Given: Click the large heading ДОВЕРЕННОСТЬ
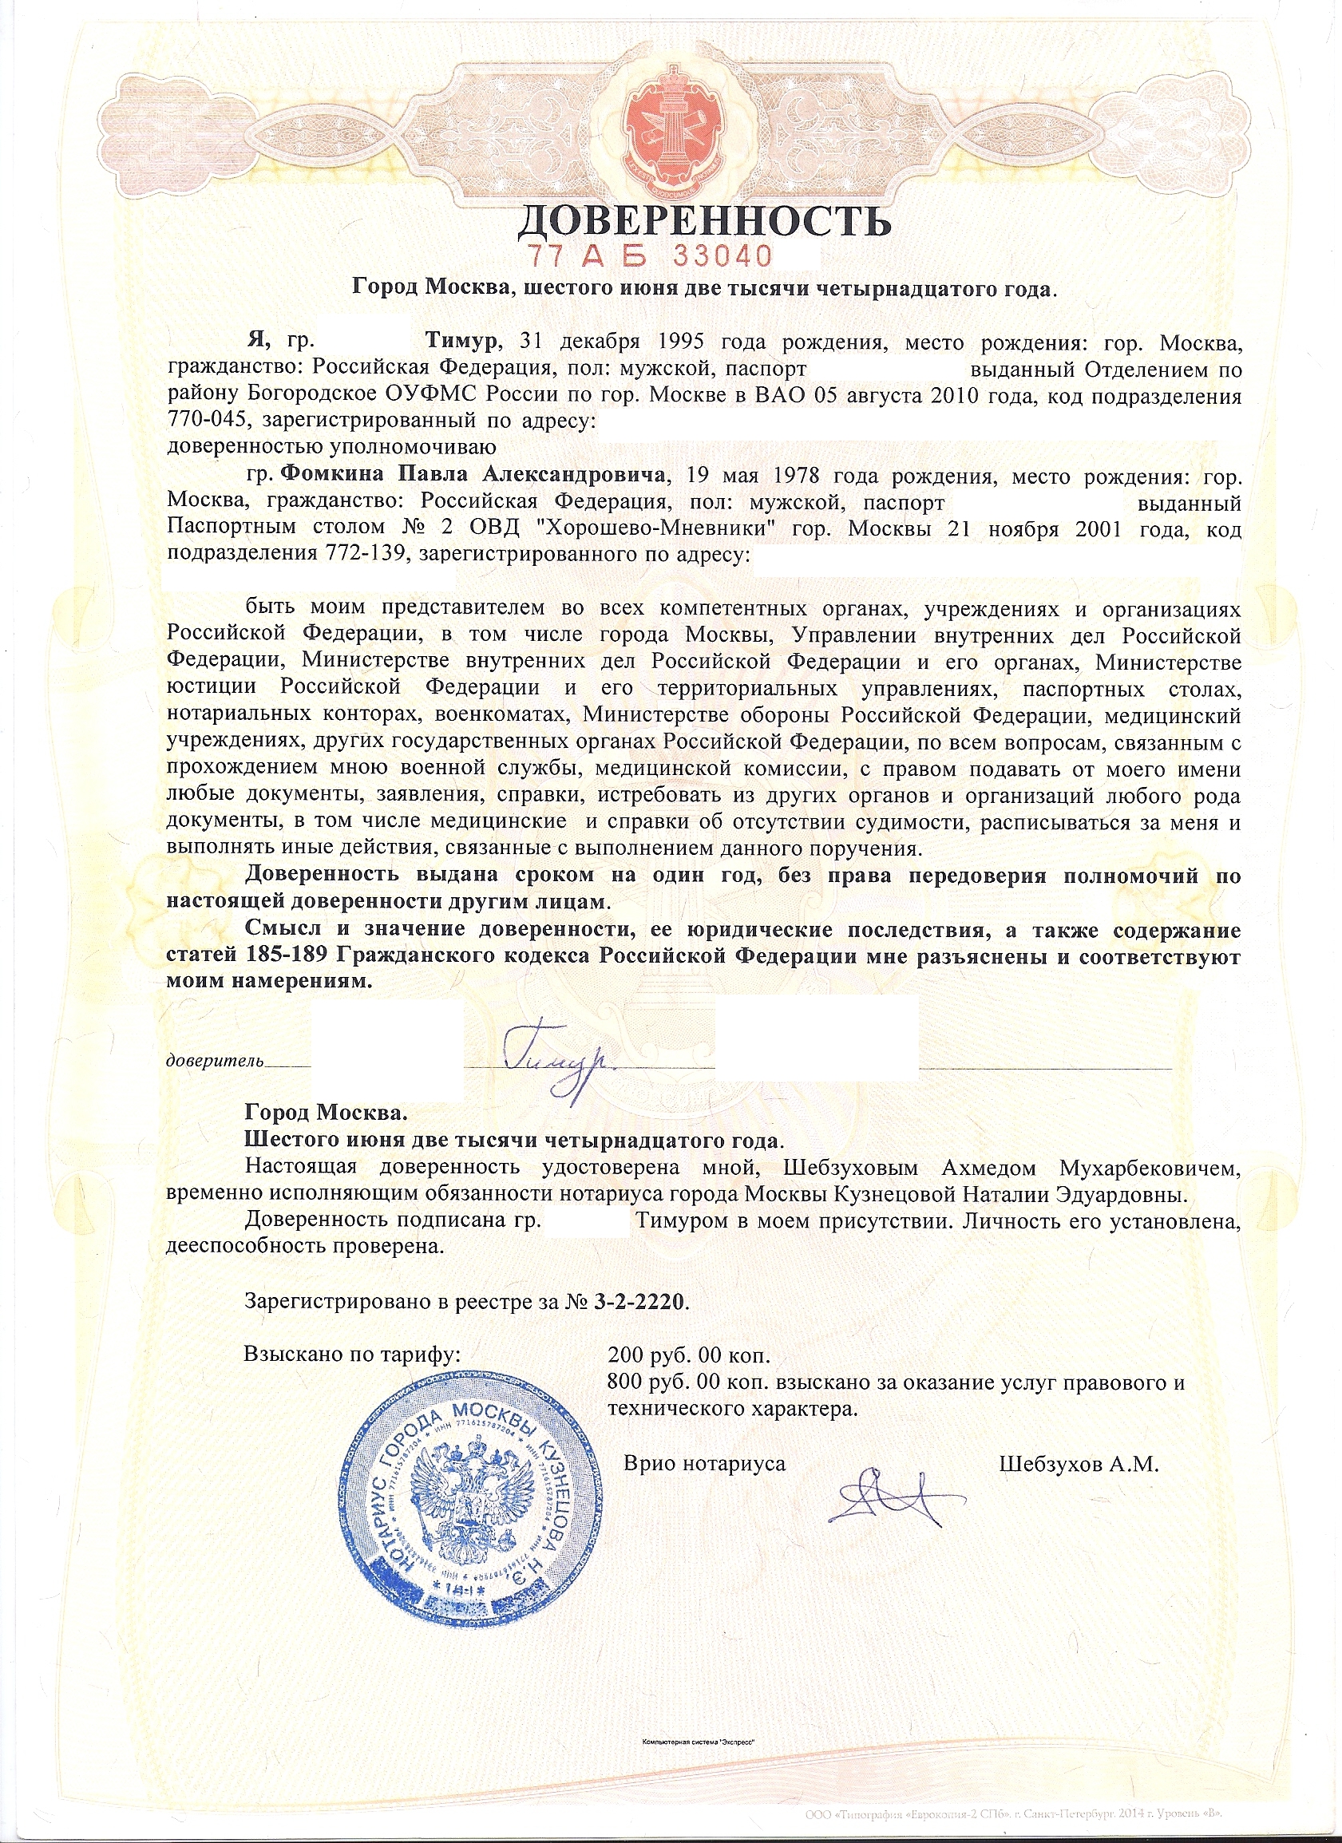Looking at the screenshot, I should click(704, 220).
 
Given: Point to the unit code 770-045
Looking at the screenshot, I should click(208, 421).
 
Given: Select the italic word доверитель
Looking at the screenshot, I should click(215, 1061).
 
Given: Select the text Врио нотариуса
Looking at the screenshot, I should click(704, 1465).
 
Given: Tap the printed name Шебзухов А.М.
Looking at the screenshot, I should click(1078, 1465).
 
